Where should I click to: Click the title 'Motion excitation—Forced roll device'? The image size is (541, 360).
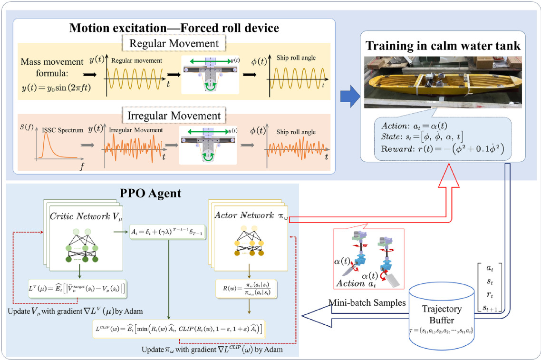click(x=174, y=27)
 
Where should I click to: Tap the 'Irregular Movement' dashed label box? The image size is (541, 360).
click(x=175, y=116)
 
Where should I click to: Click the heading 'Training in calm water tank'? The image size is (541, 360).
click(x=444, y=46)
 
